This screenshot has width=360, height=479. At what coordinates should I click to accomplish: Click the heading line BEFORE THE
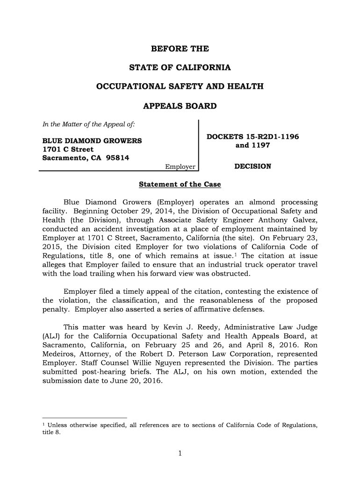click(x=180, y=49)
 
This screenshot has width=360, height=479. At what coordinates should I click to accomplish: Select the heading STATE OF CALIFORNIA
click(x=180, y=68)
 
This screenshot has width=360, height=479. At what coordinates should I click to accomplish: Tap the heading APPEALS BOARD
click(x=180, y=106)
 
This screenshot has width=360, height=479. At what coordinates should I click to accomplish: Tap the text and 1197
click(x=252, y=145)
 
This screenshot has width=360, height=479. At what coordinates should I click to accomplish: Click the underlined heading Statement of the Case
click(x=180, y=185)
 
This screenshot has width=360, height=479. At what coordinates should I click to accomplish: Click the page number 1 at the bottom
click(x=180, y=452)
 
